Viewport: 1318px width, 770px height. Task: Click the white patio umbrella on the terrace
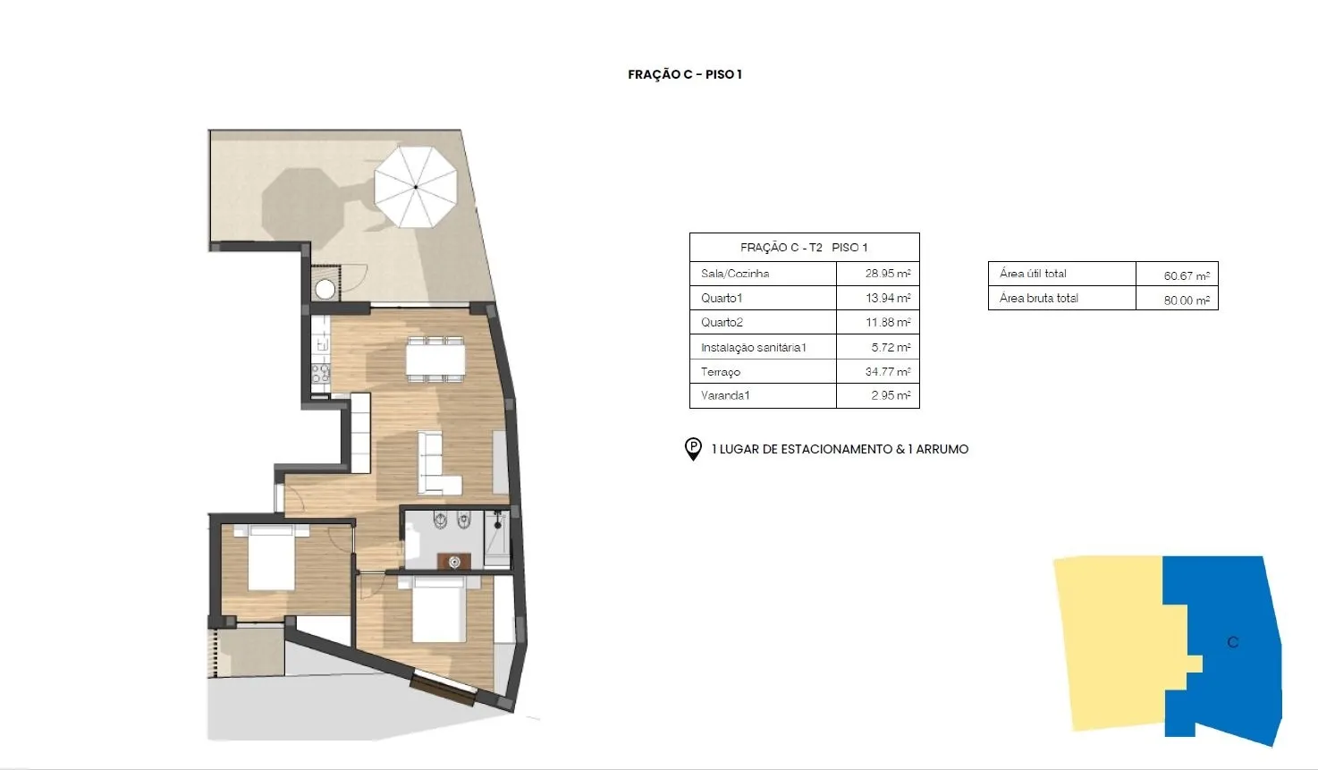coord(416,187)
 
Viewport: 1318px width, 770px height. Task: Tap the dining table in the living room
coord(435,360)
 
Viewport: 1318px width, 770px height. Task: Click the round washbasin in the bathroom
coord(454,563)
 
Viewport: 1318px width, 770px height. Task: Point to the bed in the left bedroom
coord(271,557)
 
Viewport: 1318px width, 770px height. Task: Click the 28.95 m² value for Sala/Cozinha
coord(888,273)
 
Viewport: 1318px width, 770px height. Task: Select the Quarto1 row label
coord(722,298)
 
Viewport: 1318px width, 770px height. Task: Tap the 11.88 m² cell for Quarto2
coord(888,322)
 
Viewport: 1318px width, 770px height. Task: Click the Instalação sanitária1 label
coord(753,347)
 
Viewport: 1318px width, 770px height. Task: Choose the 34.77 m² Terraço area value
coord(888,371)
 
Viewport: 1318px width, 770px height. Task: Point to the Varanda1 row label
coord(725,395)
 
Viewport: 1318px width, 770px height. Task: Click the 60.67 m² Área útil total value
coord(1187,275)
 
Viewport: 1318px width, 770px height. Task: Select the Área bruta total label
coord(1038,299)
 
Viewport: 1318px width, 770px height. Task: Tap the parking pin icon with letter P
coord(693,449)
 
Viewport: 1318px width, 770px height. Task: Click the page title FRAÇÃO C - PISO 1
coord(685,74)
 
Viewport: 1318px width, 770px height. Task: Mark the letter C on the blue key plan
coord(1233,642)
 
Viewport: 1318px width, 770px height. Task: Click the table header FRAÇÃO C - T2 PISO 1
coord(804,247)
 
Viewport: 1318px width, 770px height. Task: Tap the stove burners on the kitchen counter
coord(321,373)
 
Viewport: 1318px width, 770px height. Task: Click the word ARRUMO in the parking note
coord(942,449)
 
